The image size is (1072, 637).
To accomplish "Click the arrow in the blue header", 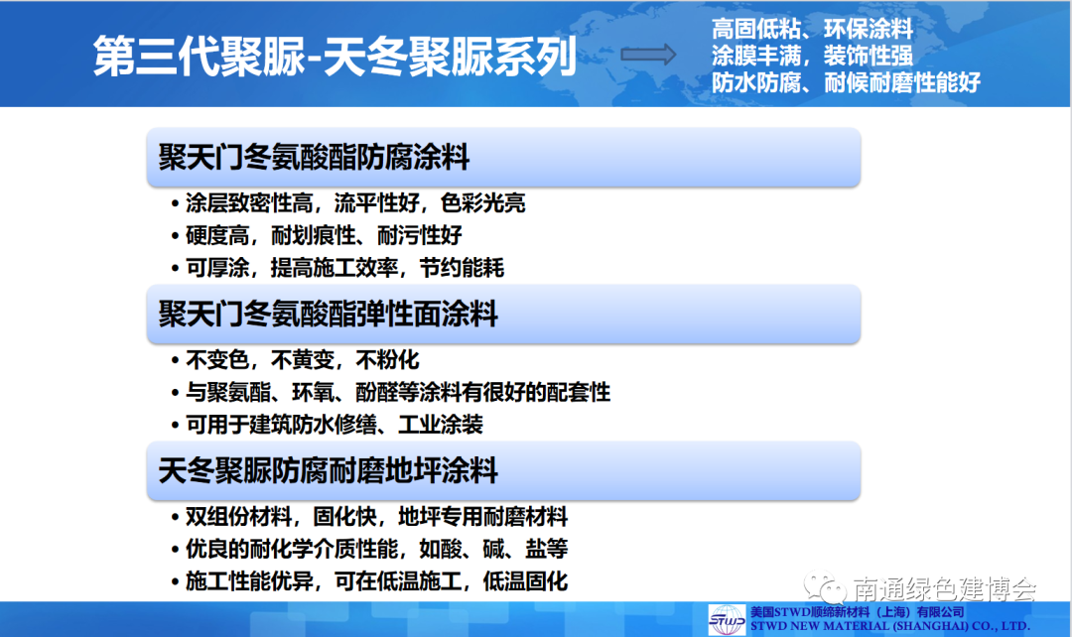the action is pos(648,55).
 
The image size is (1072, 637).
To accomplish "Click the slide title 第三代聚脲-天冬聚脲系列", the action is pos(335,56).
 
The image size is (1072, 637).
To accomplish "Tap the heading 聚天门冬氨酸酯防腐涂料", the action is pos(314,157).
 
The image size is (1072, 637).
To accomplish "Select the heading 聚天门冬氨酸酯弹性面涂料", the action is pos(329,315).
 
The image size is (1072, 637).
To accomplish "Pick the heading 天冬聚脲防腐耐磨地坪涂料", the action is pos(329,471).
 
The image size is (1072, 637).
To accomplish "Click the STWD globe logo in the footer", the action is pos(727,619).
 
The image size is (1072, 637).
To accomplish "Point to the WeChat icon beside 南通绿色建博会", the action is pos(825,586).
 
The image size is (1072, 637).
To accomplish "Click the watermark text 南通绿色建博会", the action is pos(945,588).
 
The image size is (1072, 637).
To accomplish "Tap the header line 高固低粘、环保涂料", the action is pos(812,29).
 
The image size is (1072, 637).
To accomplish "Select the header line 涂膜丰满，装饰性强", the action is pos(812,56).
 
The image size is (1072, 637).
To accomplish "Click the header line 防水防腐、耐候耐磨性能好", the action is pos(846,82).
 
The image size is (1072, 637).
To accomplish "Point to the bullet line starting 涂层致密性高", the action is pos(348,203).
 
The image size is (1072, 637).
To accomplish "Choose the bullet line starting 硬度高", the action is pos(317,235).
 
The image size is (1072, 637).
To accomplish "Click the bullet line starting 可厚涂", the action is pos(337,268).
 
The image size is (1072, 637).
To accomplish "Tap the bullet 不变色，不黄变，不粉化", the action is pos(296,360).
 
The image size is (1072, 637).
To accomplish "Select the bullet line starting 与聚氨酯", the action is pos(391,392).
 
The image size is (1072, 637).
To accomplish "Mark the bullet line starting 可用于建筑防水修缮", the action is pos(328,425).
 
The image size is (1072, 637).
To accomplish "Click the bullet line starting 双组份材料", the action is pos(370,517).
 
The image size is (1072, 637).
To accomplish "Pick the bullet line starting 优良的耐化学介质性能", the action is pos(370,549).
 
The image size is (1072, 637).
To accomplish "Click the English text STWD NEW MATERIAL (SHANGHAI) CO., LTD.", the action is pos(890,626).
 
